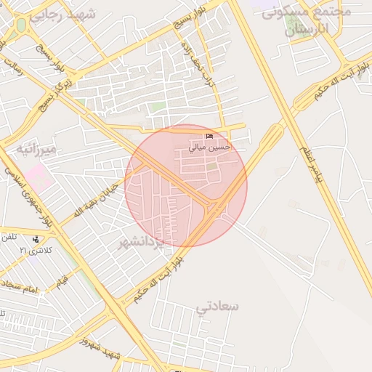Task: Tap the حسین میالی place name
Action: coord(209,147)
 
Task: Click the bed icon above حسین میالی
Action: coord(210,137)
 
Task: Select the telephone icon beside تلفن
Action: coord(36,238)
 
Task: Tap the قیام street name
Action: coord(62,280)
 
